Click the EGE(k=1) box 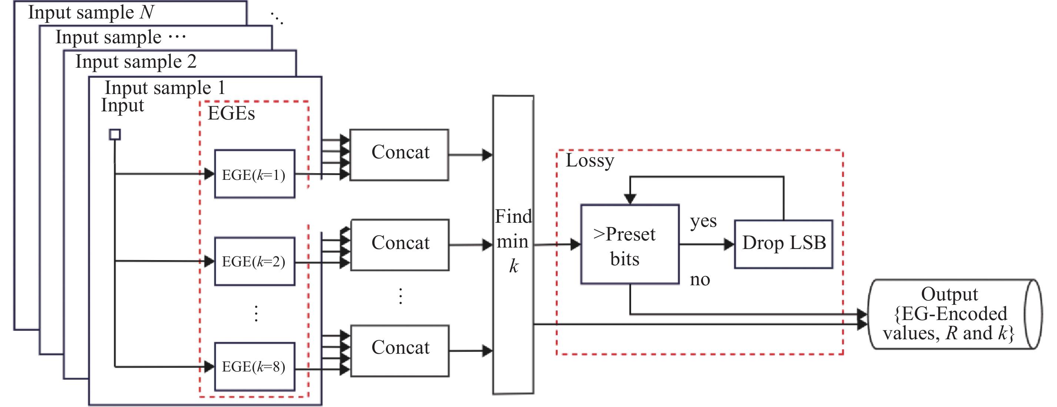point(254,174)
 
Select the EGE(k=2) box point(254,261)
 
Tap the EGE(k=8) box point(254,366)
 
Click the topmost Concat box point(399,155)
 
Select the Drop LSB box point(783,244)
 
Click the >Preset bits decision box point(630,244)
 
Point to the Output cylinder point(954,314)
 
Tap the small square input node point(115,134)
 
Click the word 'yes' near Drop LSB point(703,222)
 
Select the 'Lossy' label point(590,161)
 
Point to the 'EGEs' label point(231,114)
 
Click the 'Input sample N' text point(91,12)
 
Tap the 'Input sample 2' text point(136,62)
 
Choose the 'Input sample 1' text point(164,88)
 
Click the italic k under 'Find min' point(514,266)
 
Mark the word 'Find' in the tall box point(513,216)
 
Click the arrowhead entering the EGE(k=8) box point(209,366)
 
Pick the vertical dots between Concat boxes point(400,296)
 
